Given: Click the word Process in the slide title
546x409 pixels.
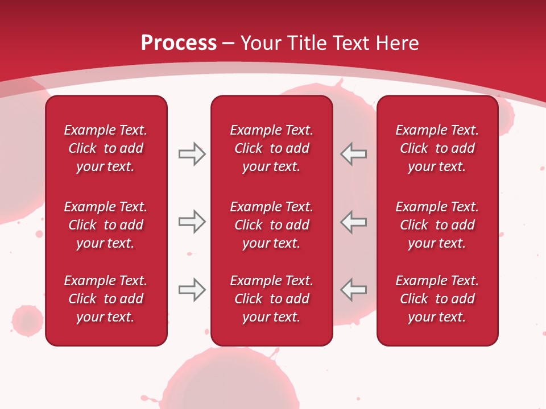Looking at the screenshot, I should coord(179,43).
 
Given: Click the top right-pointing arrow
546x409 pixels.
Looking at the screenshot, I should coord(192,154).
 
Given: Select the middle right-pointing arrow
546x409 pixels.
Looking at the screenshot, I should coord(192,222).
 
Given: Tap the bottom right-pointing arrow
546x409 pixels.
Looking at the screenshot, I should coord(192,290).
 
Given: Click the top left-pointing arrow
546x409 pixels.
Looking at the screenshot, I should coord(354,154).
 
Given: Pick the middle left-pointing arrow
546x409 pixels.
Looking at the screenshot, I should coord(354,222).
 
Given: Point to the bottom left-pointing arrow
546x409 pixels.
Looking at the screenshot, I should coord(354,290).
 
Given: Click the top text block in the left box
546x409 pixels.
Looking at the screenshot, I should coord(106,148).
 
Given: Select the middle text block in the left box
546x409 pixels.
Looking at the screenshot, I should coord(106,225).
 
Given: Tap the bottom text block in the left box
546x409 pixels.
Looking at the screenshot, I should coord(106,299).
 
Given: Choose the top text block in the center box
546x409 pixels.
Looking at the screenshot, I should coord(271,148).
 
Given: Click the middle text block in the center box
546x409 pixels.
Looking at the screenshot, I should coord(271,225).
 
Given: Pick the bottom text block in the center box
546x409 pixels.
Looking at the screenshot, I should coord(271,299).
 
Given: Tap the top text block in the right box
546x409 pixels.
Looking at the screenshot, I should coord(437,148).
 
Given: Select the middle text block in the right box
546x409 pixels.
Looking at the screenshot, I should coord(437,225).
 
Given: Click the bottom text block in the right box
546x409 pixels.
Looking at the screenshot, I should coord(437,299).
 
